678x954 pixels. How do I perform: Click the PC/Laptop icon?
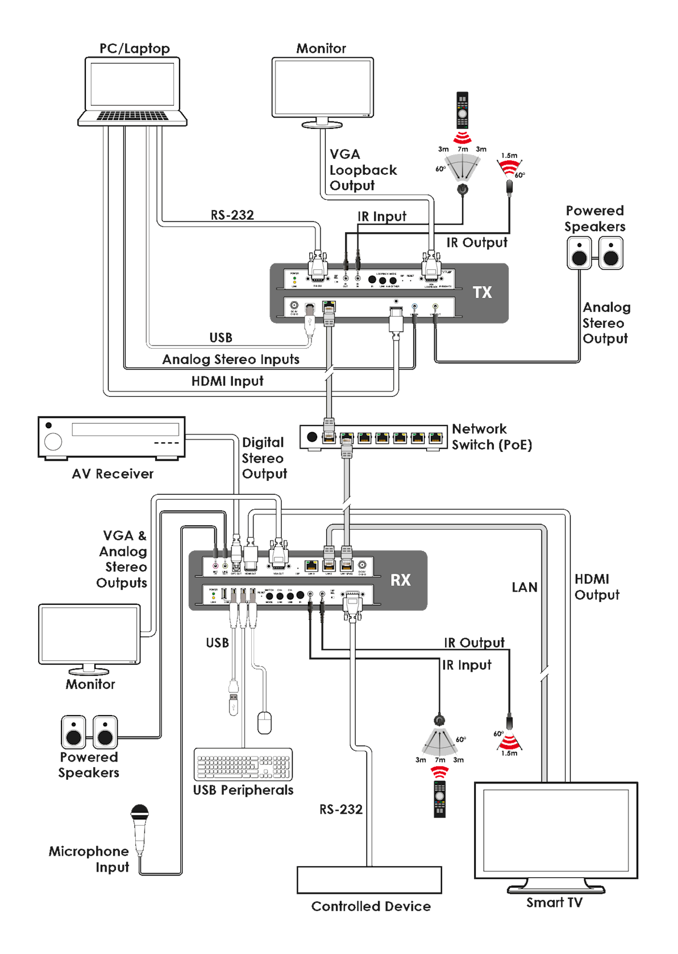click(132, 91)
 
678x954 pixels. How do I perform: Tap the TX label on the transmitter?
click(482, 292)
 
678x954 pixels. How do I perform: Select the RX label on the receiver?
click(401, 580)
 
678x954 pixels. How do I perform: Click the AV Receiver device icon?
click(111, 437)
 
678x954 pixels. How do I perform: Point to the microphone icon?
click(139, 829)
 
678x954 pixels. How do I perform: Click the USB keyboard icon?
click(243, 764)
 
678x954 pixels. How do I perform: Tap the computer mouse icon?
click(265, 723)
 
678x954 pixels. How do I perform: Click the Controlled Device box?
click(369, 880)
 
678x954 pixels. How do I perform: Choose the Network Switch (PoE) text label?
click(492, 437)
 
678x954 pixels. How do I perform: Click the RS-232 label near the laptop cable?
click(232, 215)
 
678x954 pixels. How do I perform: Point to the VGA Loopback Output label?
click(363, 170)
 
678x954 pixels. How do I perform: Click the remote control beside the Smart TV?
click(439, 798)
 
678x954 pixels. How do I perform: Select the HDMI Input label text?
click(227, 381)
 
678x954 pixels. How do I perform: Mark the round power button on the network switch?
click(311, 437)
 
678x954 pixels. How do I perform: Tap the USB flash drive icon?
click(234, 698)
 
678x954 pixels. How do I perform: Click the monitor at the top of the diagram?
click(323, 88)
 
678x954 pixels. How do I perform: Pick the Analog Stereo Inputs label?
click(231, 359)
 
